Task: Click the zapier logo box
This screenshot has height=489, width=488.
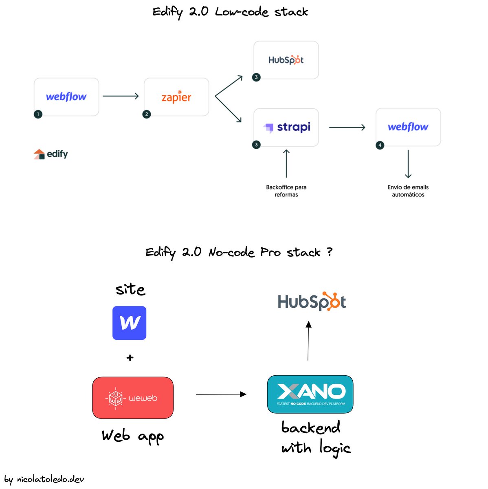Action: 176,97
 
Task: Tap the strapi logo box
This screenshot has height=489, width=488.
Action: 286,127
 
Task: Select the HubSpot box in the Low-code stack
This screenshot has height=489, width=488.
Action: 286,60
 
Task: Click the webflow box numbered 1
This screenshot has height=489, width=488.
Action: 66,97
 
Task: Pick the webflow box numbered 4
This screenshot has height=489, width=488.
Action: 408,127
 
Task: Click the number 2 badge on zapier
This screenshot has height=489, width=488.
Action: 147,114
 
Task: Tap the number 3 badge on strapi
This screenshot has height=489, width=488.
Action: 256,145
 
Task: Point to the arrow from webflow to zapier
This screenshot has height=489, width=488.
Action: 121,96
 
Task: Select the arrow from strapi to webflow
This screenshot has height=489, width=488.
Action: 347,127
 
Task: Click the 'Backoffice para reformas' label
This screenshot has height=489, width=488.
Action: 286,191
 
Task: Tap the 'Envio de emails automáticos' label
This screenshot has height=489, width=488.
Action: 408,191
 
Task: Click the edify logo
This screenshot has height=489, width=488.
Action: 51,154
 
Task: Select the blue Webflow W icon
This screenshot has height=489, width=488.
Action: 130,323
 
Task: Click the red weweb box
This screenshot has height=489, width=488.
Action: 133,398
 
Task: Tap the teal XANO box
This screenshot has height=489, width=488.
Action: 310,394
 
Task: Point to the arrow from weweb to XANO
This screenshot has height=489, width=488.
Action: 221,394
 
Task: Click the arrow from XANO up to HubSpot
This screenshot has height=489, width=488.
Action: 308,341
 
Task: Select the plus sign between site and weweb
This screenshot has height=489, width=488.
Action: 130,358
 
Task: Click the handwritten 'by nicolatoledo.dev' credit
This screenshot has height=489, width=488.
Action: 44,479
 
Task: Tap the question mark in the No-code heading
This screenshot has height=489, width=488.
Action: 330,251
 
